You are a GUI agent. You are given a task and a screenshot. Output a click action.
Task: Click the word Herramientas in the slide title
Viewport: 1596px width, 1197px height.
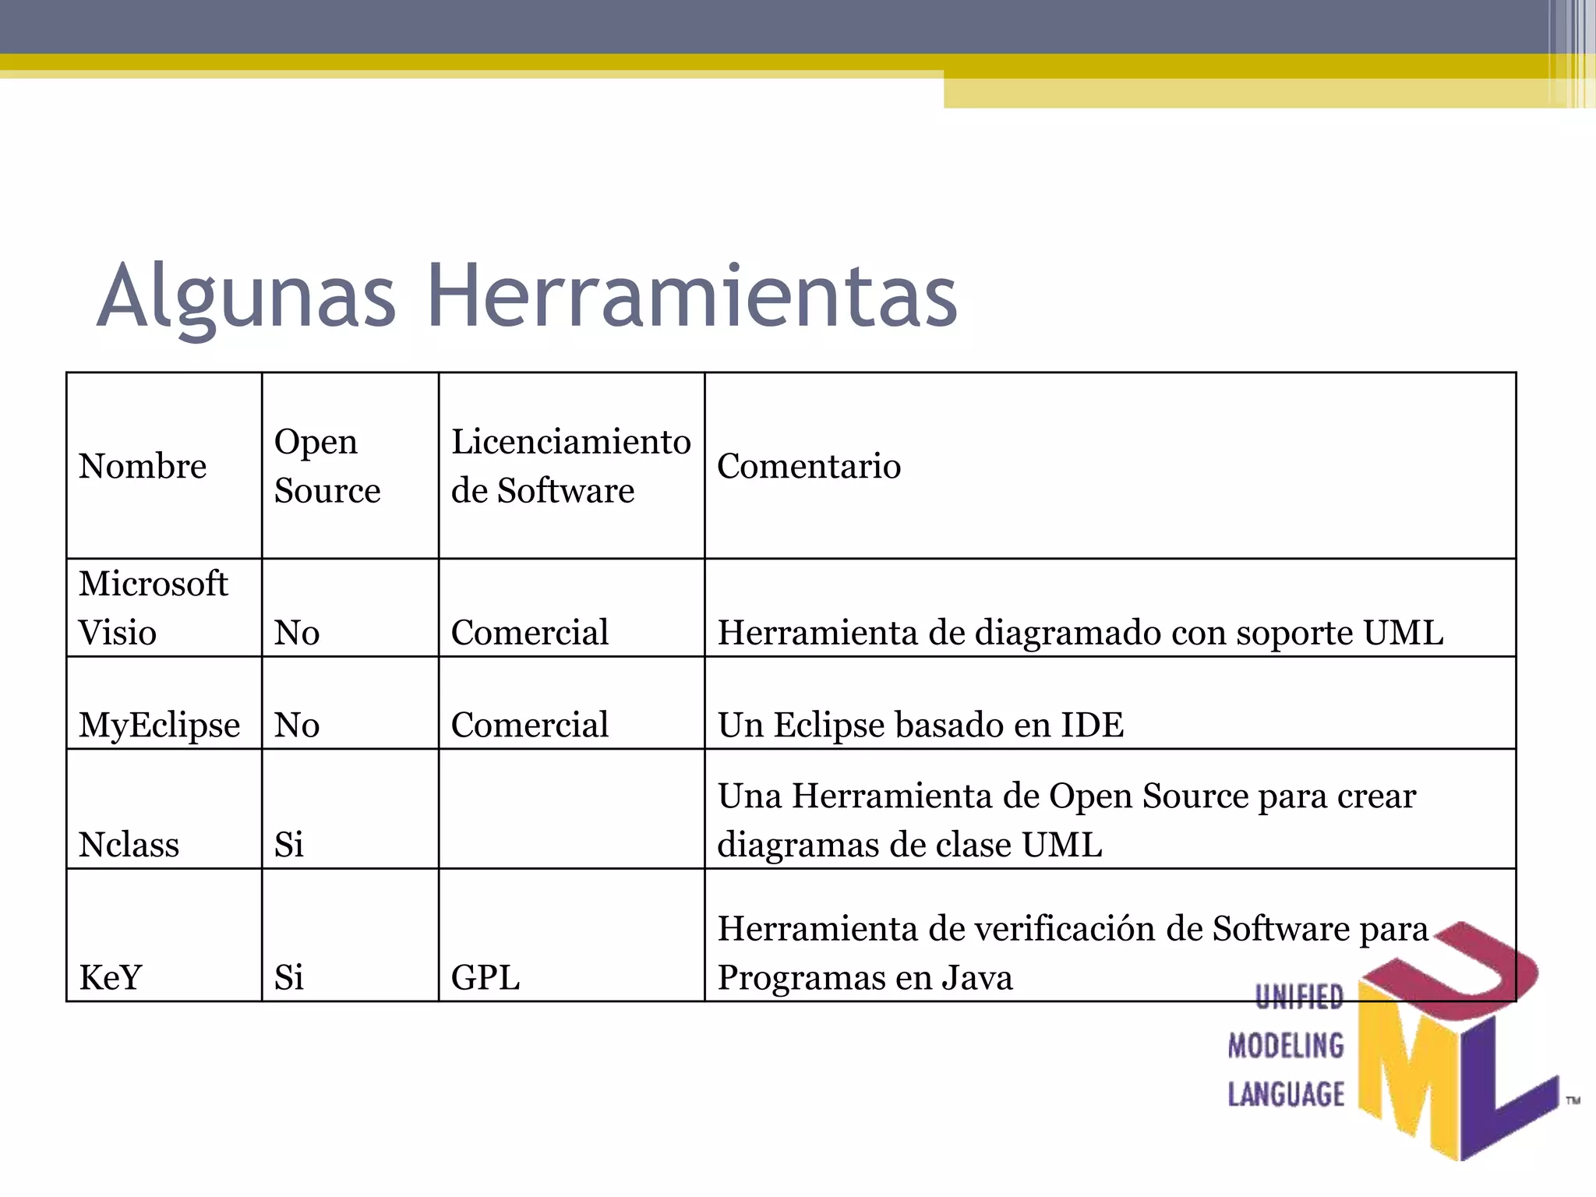point(692,296)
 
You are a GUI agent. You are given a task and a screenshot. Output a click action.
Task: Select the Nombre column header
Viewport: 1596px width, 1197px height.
point(143,466)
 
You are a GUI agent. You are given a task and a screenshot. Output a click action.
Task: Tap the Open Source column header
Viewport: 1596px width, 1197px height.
point(327,466)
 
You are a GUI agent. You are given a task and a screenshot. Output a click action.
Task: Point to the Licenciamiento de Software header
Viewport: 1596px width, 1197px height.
point(570,466)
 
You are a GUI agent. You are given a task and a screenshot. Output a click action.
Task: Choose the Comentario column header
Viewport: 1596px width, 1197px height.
point(809,466)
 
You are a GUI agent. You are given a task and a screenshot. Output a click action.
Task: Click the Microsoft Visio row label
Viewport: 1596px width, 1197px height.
point(154,608)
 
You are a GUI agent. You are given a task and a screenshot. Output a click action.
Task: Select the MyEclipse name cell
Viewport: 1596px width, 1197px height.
point(160,725)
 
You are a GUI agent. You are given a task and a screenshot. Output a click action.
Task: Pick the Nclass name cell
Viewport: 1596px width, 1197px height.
point(129,845)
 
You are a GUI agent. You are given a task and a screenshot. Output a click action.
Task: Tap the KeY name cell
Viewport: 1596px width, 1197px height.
point(111,977)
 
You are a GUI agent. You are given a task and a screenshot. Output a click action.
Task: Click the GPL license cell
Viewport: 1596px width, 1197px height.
point(486,977)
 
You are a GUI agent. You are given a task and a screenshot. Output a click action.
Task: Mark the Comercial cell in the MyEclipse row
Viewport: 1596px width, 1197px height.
point(530,725)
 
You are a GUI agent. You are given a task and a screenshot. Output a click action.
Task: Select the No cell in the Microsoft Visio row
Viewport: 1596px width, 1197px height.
point(297,633)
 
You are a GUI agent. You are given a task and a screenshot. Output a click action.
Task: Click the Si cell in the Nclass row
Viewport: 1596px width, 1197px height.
point(289,845)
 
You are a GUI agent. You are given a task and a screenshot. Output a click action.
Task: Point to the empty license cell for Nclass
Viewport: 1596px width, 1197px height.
point(571,809)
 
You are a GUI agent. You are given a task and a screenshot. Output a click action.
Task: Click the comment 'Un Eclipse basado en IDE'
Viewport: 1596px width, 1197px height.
point(920,725)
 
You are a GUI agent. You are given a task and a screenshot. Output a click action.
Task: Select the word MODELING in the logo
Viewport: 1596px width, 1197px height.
point(1286,1046)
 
